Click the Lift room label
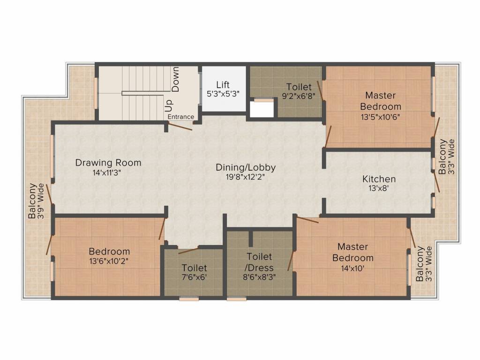223,84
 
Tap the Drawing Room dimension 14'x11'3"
108,172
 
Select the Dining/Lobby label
246,167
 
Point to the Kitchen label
379,179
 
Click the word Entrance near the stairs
180,117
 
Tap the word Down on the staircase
176,79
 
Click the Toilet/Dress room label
259,262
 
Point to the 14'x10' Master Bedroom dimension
352,269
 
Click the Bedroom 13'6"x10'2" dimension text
109,262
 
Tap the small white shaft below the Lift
262,109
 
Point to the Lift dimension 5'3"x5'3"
223,93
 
